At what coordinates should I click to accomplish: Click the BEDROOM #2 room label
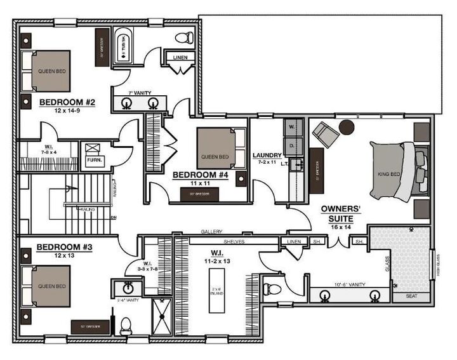coord(67,102)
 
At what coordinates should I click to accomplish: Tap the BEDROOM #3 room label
coord(62,246)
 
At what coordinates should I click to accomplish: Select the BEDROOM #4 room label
coord(197,174)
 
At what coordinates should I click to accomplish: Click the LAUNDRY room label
coord(267,155)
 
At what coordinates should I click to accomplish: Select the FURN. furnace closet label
coord(95,160)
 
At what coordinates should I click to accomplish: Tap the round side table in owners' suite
coord(347,127)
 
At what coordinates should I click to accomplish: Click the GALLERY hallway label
coord(210,232)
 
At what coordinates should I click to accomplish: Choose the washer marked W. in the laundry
coord(292,126)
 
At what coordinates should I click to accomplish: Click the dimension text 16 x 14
coord(341,226)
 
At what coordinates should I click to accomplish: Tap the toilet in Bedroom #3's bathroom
coord(126,325)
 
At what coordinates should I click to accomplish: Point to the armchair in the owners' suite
coord(325,134)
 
